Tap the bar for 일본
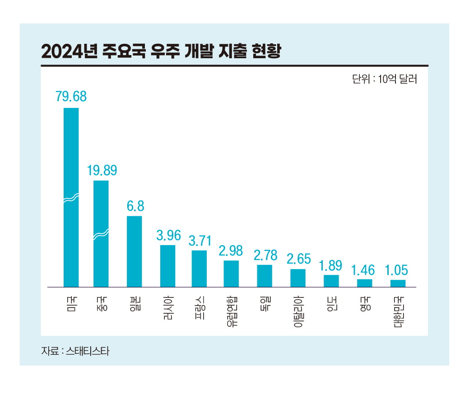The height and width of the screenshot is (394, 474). (x=134, y=251)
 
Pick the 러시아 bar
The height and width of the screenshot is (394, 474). (x=167, y=266)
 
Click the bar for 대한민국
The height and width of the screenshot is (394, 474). (x=398, y=283)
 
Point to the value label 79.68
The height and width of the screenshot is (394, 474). (x=71, y=97)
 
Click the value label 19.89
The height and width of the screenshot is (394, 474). (x=101, y=170)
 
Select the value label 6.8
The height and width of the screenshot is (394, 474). (x=135, y=206)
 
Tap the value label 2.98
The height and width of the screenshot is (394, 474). (x=231, y=250)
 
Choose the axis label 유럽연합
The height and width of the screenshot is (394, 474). (x=231, y=311)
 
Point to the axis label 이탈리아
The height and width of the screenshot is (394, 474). (x=298, y=311)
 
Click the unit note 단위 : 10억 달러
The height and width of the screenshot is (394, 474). (x=384, y=79)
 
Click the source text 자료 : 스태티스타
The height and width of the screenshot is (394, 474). (x=75, y=351)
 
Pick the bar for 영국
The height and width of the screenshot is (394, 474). (x=364, y=283)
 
